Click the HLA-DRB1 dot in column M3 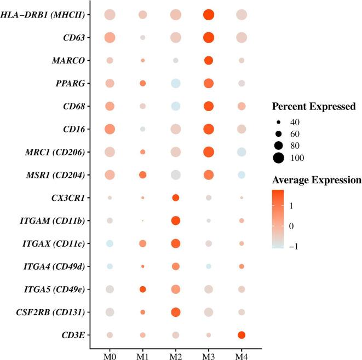(x=208, y=15)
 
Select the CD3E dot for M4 (x=241, y=335)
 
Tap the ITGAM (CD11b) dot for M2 (x=176, y=220)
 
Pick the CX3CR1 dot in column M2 (x=176, y=198)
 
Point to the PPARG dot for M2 (x=176, y=83)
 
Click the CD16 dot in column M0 (x=110, y=129)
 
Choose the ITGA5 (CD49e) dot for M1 (x=142, y=289)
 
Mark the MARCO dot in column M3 (x=208, y=60)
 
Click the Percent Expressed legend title (x=312, y=105)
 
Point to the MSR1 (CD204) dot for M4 (x=241, y=175)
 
